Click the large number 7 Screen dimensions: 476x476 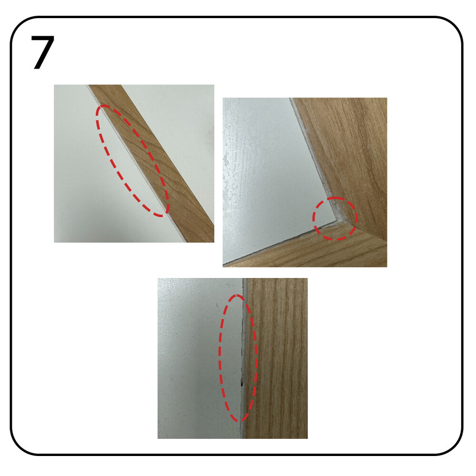pos(42,52)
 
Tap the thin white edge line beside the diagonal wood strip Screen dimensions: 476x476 pos(137,164)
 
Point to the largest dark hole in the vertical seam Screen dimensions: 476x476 pos(242,384)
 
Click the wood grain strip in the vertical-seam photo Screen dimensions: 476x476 pos(276,358)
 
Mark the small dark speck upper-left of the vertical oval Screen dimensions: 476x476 pos(218,305)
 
